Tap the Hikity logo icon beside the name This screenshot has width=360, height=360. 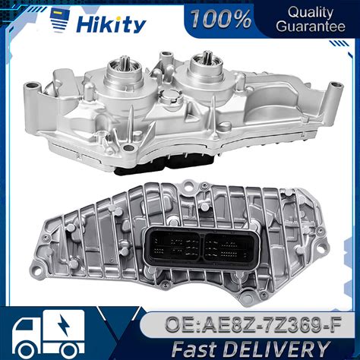point(60,21)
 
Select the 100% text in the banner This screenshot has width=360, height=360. point(221,19)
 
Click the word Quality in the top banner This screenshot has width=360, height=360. point(311,12)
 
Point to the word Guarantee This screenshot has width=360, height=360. point(311,27)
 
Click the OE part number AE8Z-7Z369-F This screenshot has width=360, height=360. point(253,324)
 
